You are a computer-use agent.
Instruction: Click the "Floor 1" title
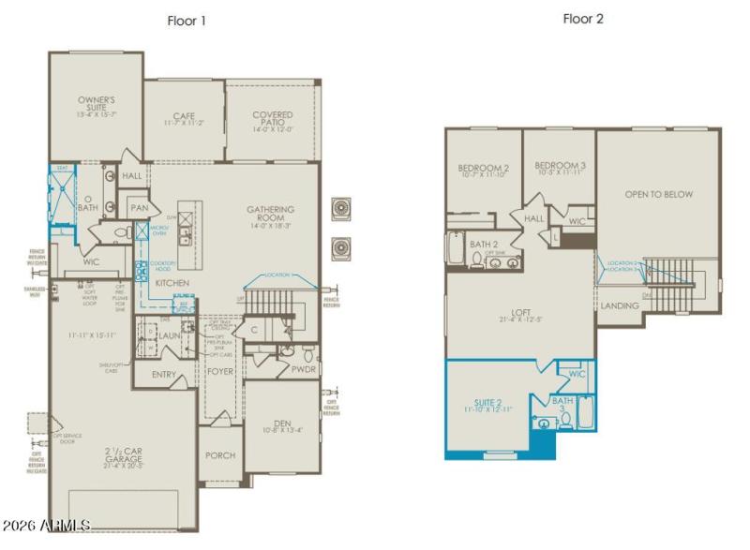(x=186, y=20)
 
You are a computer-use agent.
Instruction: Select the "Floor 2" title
(x=582, y=19)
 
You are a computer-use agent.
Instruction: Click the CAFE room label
(x=184, y=118)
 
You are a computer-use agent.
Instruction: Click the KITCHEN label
(x=172, y=282)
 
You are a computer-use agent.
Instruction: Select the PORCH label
(x=218, y=455)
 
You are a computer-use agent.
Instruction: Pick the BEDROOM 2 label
(x=484, y=169)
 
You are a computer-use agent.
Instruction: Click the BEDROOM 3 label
(x=561, y=169)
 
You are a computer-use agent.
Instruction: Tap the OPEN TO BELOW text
(x=659, y=194)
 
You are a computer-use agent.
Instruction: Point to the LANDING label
(x=620, y=305)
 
